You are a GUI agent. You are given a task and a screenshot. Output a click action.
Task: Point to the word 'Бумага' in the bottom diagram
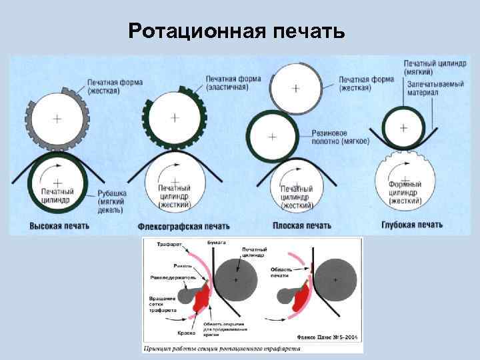tap(215, 240)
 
